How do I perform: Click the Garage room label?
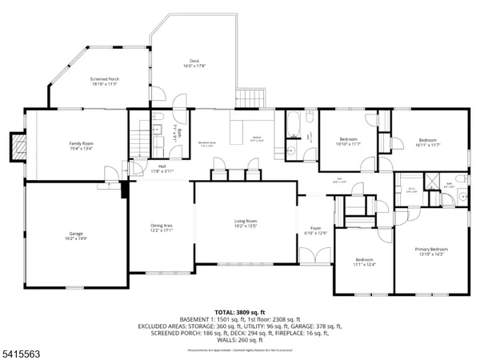pyautogui.click(x=76, y=237)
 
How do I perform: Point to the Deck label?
pyautogui.click(x=194, y=63)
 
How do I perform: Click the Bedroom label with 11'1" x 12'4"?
pyautogui.click(x=364, y=262)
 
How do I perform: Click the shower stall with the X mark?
pyautogui.click(x=434, y=181)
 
